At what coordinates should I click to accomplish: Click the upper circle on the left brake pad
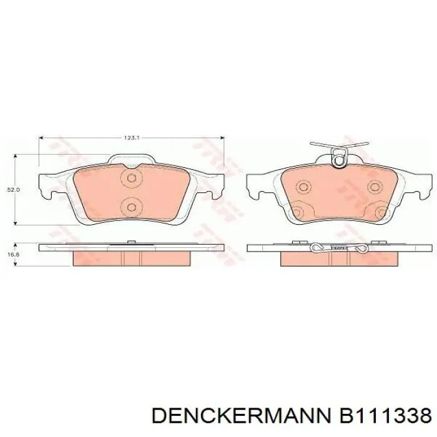(x=131, y=179)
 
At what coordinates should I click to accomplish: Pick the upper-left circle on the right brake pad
(x=304, y=187)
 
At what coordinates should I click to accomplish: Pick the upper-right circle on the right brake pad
(x=374, y=187)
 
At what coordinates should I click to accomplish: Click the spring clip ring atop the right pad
(x=339, y=160)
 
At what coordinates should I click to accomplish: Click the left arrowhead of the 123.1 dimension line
(x=41, y=139)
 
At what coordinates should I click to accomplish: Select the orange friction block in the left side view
(x=130, y=257)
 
